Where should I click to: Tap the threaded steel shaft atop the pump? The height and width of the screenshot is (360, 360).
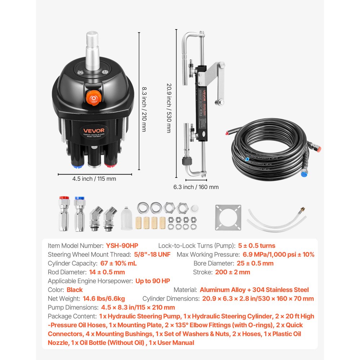93,47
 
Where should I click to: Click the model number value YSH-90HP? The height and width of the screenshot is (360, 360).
122,246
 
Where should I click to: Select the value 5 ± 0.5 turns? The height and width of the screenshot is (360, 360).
257,246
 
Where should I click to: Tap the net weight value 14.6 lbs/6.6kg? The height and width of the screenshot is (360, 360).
104,298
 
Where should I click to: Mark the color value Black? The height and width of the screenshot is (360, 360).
75,290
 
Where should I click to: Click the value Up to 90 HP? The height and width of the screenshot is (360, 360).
153,281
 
